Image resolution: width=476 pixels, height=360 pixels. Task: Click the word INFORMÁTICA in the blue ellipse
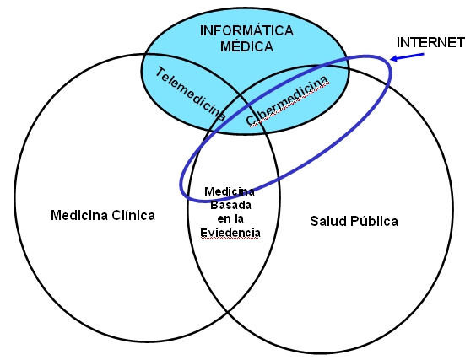tap(246, 30)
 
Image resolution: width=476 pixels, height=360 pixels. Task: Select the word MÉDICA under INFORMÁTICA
tap(246, 46)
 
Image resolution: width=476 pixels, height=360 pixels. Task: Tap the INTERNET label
tap(430, 42)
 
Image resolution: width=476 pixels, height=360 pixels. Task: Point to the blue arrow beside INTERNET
tap(407, 57)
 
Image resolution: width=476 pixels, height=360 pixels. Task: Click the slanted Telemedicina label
tap(191, 94)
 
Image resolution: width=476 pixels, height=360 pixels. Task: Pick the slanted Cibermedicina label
tap(287, 100)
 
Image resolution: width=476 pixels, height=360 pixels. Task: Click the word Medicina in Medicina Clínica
tap(79, 215)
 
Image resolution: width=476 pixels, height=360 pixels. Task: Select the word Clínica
tap(133, 215)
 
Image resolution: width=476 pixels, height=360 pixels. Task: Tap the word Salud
tap(328, 221)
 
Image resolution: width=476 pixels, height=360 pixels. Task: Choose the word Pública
tap(375, 221)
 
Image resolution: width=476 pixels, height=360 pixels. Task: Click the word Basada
tap(230, 206)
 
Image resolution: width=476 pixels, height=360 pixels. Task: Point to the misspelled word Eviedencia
tap(230, 233)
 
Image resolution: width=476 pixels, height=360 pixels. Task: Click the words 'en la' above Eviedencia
tap(230, 219)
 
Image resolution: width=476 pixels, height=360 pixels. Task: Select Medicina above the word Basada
tap(230, 191)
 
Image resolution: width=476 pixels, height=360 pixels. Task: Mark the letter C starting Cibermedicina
tap(251, 120)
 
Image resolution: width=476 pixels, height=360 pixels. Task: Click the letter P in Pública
tap(354, 221)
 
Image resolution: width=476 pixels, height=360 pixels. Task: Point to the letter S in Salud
tap(314, 221)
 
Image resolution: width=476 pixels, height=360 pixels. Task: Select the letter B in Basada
tap(214, 206)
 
